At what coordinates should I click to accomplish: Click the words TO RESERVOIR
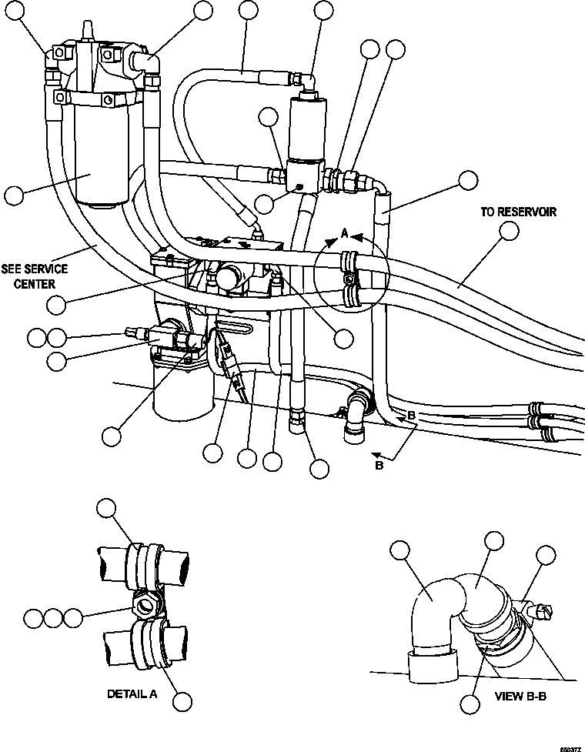(518, 211)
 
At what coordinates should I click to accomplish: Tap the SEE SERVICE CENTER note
(34, 275)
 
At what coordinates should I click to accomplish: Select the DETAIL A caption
(132, 694)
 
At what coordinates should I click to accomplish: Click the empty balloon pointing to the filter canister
(13, 196)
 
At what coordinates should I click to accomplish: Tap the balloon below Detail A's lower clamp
(182, 701)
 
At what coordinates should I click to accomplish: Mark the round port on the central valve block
(229, 278)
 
